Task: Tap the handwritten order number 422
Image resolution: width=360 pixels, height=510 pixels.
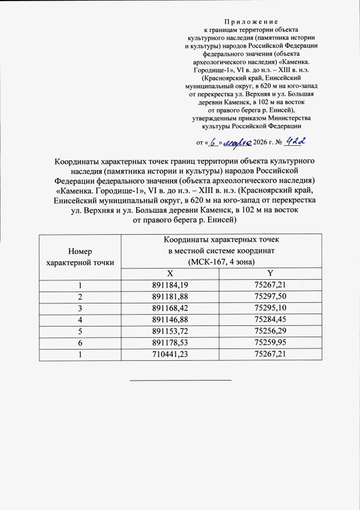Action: (x=296, y=142)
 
